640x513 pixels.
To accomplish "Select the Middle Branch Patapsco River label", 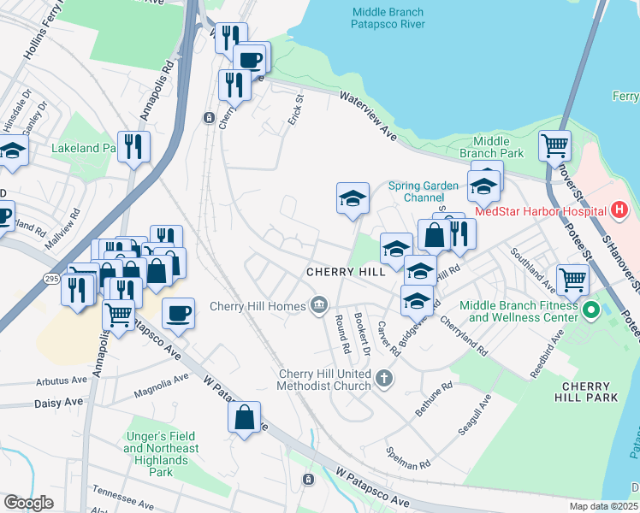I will tap(388, 18).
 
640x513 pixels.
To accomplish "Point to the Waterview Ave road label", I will tap(370, 115).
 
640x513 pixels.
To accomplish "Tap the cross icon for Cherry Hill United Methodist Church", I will tap(384, 377).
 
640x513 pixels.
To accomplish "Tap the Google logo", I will tap(29, 503).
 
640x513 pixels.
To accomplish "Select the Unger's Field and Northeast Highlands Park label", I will tap(161, 454).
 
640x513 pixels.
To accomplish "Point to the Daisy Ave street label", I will tap(61, 402).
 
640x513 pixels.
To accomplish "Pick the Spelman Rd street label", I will tap(406, 458).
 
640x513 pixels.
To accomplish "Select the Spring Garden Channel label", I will tap(423, 192).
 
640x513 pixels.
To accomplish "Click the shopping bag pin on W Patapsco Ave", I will tap(245, 417).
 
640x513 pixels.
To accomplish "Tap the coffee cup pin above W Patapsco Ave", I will tap(178, 313).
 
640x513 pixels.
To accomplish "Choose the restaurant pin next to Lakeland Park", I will tap(133, 147).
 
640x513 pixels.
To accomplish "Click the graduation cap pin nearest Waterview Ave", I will tap(353, 199).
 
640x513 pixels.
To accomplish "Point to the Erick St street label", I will tap(295, 109).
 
